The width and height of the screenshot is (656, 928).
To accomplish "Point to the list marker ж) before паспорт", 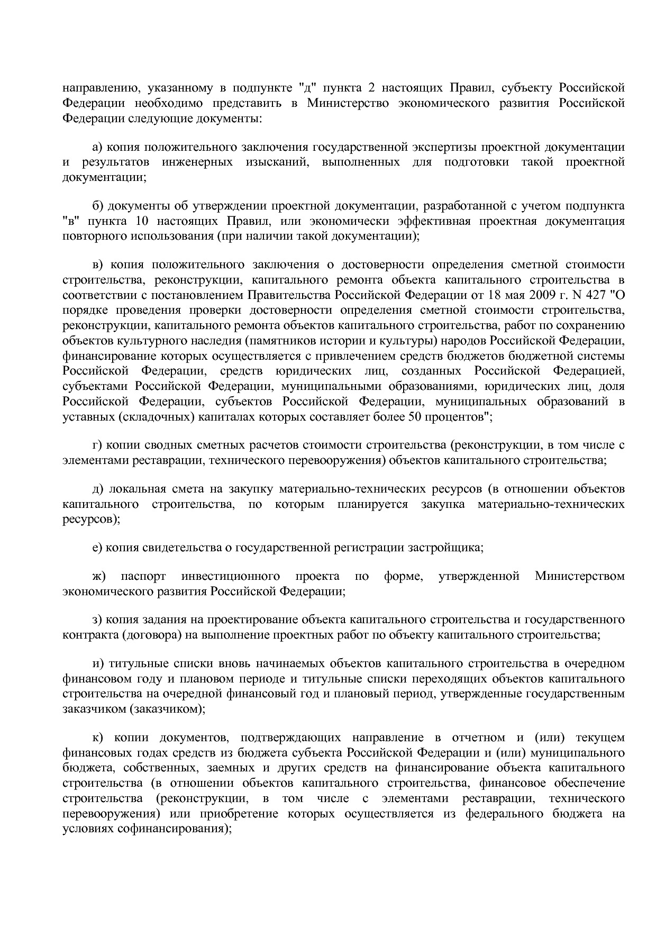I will pos(99,576).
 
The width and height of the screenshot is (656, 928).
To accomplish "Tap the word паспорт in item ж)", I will pos(143,576).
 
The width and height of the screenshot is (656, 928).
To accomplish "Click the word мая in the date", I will pos(515,294).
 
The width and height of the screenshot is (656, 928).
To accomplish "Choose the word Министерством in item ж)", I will pos(579,576).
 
